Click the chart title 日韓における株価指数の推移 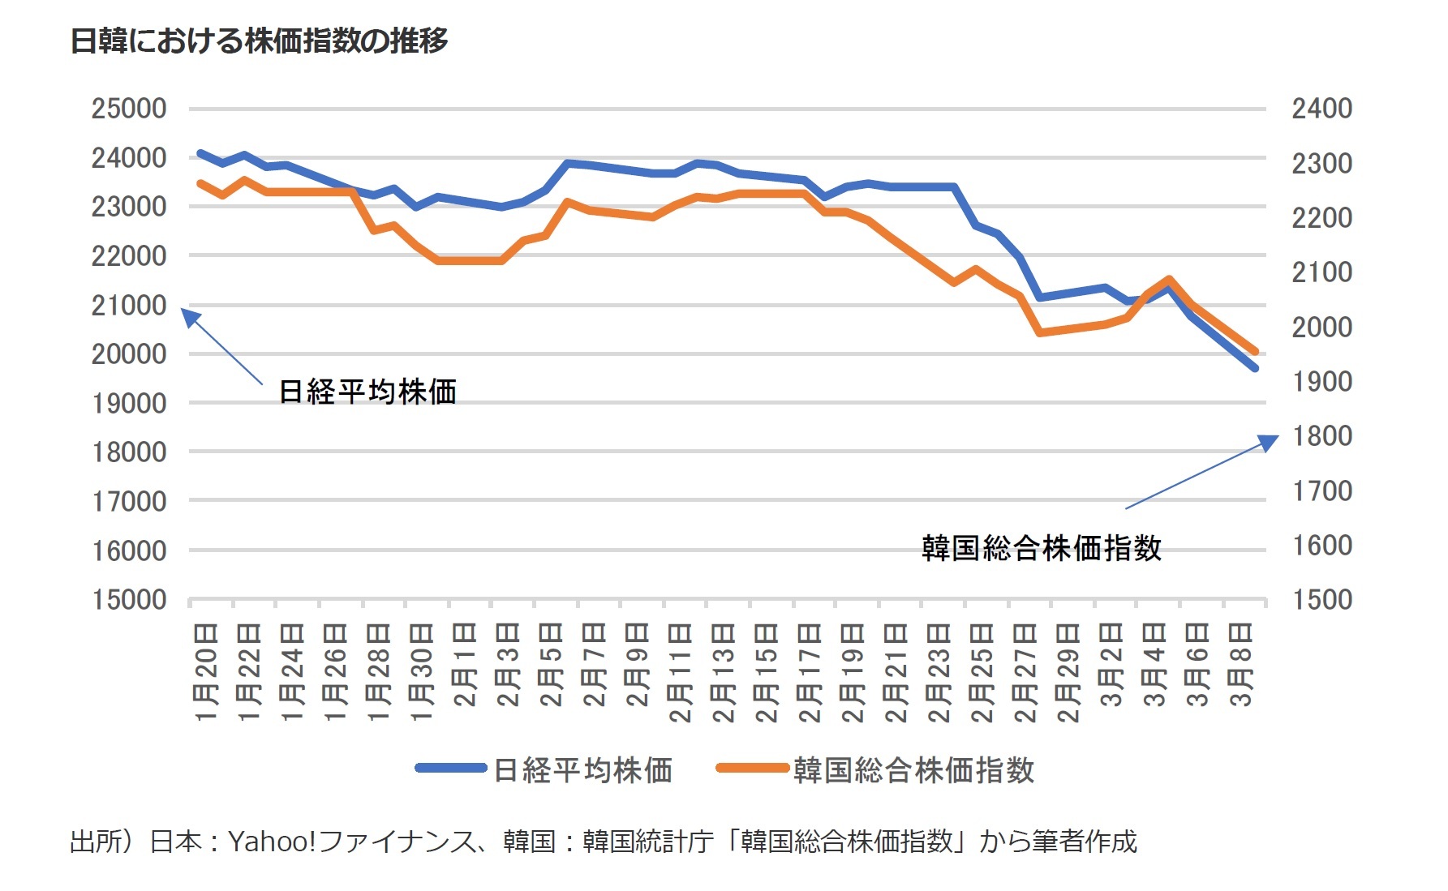tap(260, 41)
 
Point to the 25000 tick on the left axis tap(129, 109)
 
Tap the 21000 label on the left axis tap(129, 306)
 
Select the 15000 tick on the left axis tap(129, 600)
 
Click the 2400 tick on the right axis tap(1321, 109)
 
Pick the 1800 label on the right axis tap(1321, 436)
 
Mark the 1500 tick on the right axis tap(1321, 600)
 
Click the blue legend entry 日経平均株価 tap(582, 769)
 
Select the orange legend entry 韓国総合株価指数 tap(913, 769)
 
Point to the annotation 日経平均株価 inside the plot tap(367, 392)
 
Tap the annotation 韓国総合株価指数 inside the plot tap(1042, 549)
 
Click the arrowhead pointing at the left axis tap(189, 316)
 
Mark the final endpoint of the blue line tap(1255, 368)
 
